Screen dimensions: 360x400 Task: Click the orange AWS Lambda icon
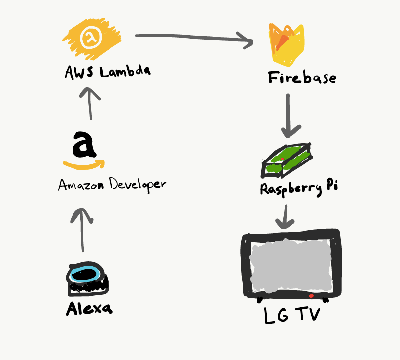click(x=91, y=39)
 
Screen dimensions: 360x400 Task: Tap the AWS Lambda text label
click(x=108, y=72)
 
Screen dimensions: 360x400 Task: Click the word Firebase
click(x=302, y=78)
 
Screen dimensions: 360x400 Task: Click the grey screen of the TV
click(x=291, y=266)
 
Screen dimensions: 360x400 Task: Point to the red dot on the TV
click(x=311, y=296)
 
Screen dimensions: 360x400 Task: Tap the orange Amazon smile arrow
click(x=84, y=164)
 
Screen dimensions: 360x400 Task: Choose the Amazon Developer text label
click(x=112, y=185)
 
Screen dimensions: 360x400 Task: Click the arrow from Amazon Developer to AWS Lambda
click(x=90, y=103)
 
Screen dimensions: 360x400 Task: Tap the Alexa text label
click(x=89, y=309)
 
